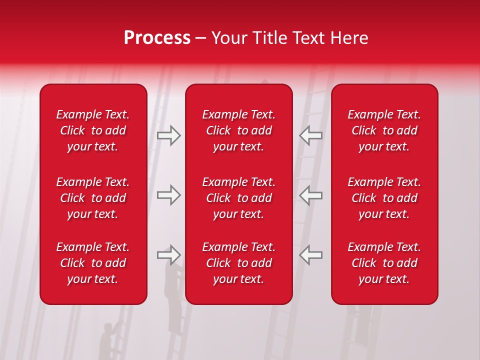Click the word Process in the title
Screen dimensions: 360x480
pyautogui.click(x=157, y=38)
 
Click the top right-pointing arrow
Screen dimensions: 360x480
pyautogui.click(x=169, y=135)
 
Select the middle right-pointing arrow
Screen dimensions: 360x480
pyautogui.click(x=169, y=195)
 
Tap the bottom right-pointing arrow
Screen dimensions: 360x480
pyautogui.click(x=169, y=255)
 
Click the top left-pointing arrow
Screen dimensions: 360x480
pyautogui.click(x=311, y=135)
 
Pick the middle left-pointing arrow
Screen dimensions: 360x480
pyautogui.click(x=311, y=195)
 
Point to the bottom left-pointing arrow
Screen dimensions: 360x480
pyautogui.click(x=311, y=255)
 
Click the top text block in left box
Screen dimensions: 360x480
pyautogui.click(x=93, y=130)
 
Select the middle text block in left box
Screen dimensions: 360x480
pyautogui.click(x=93, y=198)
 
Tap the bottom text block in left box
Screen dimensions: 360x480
pyautogui.click(x=93, y=263)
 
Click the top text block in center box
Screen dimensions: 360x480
pyautogui.click(x=239, y=130)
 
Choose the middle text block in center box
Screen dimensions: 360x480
pyautogui.click(x=239, y=198)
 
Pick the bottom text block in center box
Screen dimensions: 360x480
pyautogui.click(x=239, y=263)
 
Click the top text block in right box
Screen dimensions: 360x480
pyautogui.click(x=384, y=130)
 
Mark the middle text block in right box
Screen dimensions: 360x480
pyautogui.click(x=384, y=198)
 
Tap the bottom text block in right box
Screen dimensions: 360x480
pyautogui.click(x=384, y=263)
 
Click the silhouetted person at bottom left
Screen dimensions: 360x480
pyautogui.click(x=107, y=340)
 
